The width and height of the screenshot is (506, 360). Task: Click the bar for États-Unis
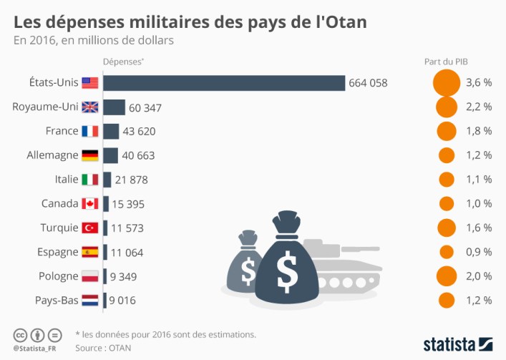[x=223, y=82]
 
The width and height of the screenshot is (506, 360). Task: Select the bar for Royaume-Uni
[x=114, y=107]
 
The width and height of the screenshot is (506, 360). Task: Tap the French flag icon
[x=89, y=131]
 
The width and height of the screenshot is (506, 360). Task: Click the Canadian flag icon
[x=89, y=204]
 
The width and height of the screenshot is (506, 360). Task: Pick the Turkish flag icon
[x=89, y=228]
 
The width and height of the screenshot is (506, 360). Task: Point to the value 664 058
[x=368, y=83]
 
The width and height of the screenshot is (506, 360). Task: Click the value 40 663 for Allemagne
[x=138, y=155]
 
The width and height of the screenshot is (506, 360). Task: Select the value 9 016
[x=130, y=301]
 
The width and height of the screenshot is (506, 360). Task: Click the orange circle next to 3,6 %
[x=446, y=82]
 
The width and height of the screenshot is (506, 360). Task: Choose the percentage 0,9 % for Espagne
[x=478, y=252]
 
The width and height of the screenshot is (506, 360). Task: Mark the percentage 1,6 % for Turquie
[x=478, y=228]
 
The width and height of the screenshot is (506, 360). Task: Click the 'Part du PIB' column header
[x=446, y=62]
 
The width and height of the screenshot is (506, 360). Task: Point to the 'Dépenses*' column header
[x=123, y=62]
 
